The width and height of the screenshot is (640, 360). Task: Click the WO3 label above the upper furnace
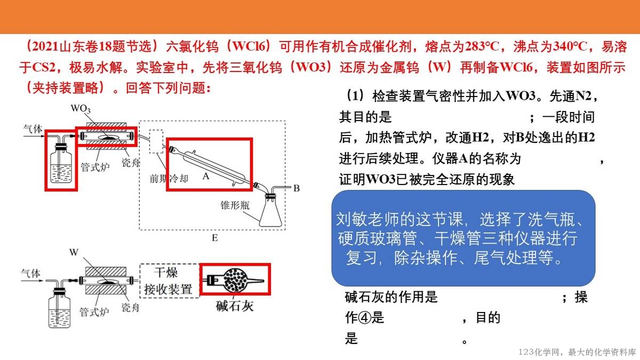click(81, 109)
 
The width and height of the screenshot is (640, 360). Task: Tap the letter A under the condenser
click(206, 176)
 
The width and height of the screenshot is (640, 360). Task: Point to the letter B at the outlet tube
click(297, 188)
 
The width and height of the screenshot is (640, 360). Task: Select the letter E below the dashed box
click(215, 238)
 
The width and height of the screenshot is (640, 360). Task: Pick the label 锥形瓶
click(235, 205)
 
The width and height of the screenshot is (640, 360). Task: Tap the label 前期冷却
click(169, 179)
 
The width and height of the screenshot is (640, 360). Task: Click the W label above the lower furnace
click(74, 252)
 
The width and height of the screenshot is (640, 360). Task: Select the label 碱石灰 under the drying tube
click(235, 306)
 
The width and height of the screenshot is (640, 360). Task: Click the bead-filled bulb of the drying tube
click(235, 281)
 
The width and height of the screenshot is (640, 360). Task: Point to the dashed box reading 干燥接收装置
click(170, 281)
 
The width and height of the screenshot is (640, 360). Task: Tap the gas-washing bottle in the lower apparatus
click(59, 308)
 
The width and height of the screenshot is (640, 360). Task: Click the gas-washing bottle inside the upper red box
click(61, 162)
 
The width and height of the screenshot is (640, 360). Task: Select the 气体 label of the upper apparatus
click(33, 129)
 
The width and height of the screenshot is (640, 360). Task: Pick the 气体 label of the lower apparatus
click(30, 274)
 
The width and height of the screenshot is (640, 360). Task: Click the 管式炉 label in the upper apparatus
click(95, 167)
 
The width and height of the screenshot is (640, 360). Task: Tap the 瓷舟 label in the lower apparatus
click(130, 307)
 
